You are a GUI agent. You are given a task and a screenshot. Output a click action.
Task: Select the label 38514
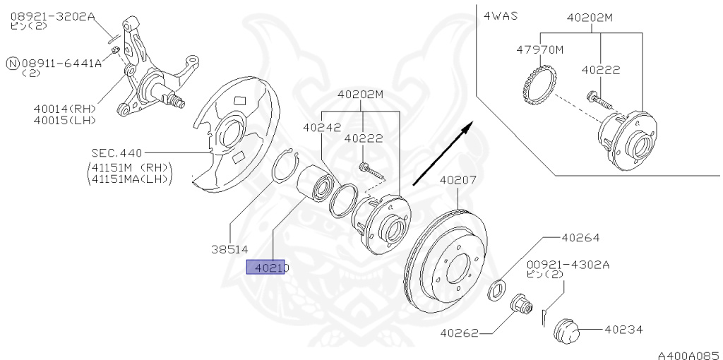(x=229, y=250)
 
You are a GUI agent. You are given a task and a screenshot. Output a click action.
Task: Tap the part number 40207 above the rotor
(x=458, y=180)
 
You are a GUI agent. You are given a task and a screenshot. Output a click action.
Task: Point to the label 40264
(x=580, y=238)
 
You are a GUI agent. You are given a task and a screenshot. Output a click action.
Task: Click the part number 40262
(x=459, y=332)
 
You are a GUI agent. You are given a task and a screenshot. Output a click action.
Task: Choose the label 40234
(x=623, y=329)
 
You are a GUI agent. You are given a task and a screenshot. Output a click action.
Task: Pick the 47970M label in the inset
(x=539, y=49)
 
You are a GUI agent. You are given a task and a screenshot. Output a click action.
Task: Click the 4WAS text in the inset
(x=501, y=16)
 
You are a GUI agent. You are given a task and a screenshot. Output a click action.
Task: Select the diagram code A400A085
(x=690, y=355)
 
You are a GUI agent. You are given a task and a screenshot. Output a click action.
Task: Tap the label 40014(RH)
(x=64, y=109)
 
